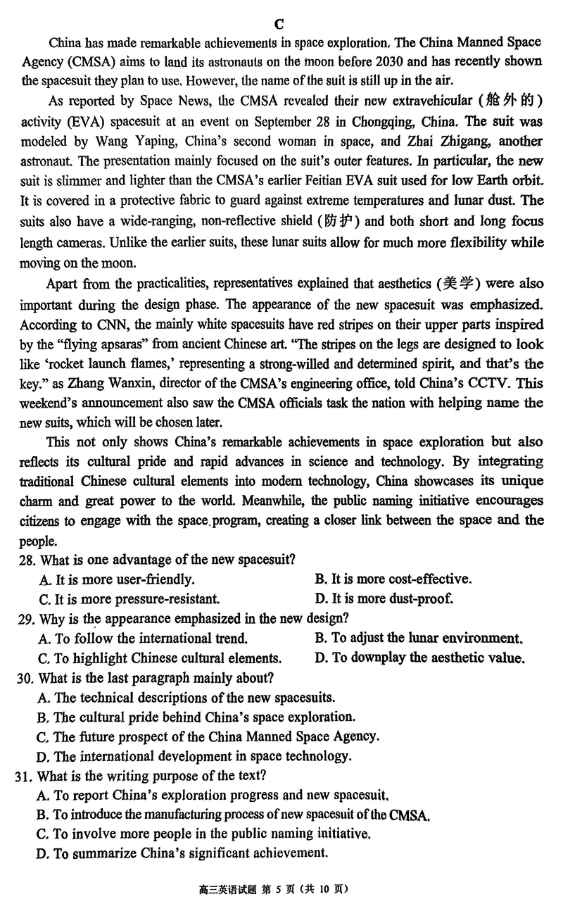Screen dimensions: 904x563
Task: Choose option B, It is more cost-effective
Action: pyautogui.click(x=393, y=579)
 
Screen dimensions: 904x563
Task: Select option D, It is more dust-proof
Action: pyautogui.click(x=384, y=599)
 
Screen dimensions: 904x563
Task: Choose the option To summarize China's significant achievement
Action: pyautogui.click(x=182, y=854)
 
